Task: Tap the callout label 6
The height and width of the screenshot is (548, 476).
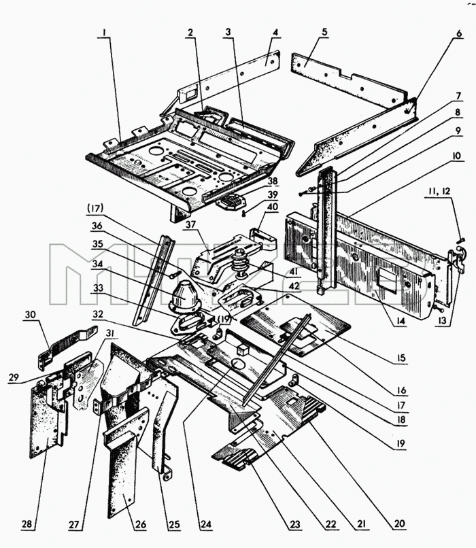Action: (x=459, y=33)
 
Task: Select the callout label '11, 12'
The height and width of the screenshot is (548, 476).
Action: (x=438, y=192)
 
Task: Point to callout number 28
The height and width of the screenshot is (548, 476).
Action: (x=27, y=524)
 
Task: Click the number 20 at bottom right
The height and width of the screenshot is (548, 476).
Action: (x=399, y=524)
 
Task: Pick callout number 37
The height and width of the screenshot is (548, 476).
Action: (x=191, y=224)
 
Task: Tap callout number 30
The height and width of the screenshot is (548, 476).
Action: (x=30, y=315)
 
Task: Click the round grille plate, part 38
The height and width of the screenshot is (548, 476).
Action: (x=231, y=202)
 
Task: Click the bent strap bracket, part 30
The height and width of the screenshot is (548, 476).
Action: (x=66, y=345)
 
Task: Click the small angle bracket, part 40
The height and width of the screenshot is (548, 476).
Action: (x=262, y=239)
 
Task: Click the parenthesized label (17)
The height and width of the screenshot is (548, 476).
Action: (x=95, y=209)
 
